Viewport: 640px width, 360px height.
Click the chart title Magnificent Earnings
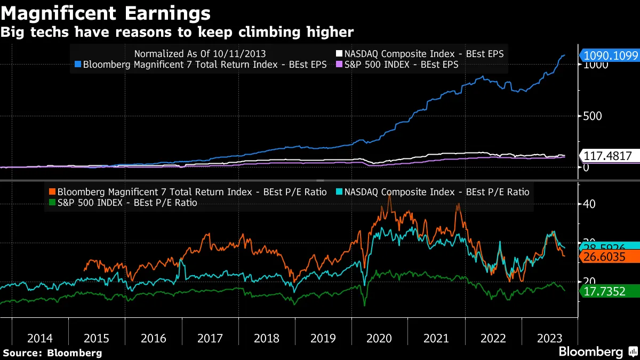(x=106, y=12)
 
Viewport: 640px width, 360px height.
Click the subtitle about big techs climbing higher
(x=177, y=33)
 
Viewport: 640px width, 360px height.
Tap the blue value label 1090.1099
(x=609, y=56)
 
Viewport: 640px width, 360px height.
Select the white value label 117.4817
(x=609, y=156)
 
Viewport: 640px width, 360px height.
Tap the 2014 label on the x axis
(x=40, y=338)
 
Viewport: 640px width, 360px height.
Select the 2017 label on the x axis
(x=210, y=338)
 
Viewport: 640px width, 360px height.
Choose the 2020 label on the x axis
(x=380, y=338)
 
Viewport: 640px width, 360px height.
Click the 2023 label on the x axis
(x=550, y=338)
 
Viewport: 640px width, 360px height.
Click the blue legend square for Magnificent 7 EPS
(x=78, y=65)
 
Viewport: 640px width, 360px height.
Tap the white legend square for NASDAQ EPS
(x=339, y=54)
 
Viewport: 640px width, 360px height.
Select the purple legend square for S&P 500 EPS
(x=339, y=65)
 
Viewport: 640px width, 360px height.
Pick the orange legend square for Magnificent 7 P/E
(x=51, y=192)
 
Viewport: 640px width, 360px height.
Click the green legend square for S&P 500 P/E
(x=51, y=203)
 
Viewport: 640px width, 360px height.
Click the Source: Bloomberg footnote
(x=52, y=353)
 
